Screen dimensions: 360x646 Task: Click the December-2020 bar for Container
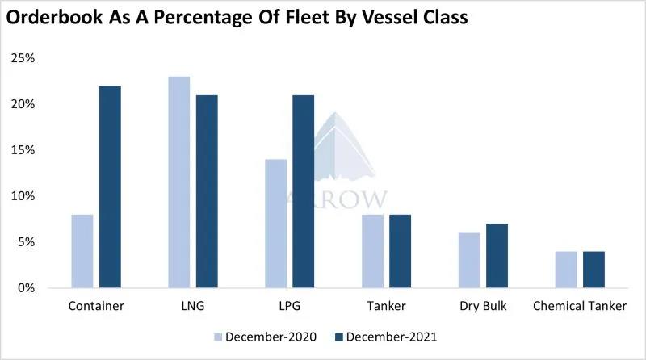point(82,251)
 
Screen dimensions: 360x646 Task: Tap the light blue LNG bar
point(178,182)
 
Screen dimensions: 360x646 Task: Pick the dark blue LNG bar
point(207,191)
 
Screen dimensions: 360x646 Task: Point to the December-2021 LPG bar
point(303,191)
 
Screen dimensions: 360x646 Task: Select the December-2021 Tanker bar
point(400,251)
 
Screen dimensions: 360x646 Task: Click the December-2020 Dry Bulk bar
point(468,260)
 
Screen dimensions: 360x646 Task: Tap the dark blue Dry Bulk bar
point(497,256)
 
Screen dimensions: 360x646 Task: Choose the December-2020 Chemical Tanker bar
point(565,270)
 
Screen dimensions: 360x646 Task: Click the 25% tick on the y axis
point(23,59)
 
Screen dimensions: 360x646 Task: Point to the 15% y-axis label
point(23,150)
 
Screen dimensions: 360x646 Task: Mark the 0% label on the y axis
point(26,288)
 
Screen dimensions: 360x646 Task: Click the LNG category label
point(193,308)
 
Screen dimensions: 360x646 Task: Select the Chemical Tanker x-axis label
point(580,308)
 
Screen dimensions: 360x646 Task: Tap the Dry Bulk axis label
point(483,308)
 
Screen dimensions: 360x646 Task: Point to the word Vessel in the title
point(385,17)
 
